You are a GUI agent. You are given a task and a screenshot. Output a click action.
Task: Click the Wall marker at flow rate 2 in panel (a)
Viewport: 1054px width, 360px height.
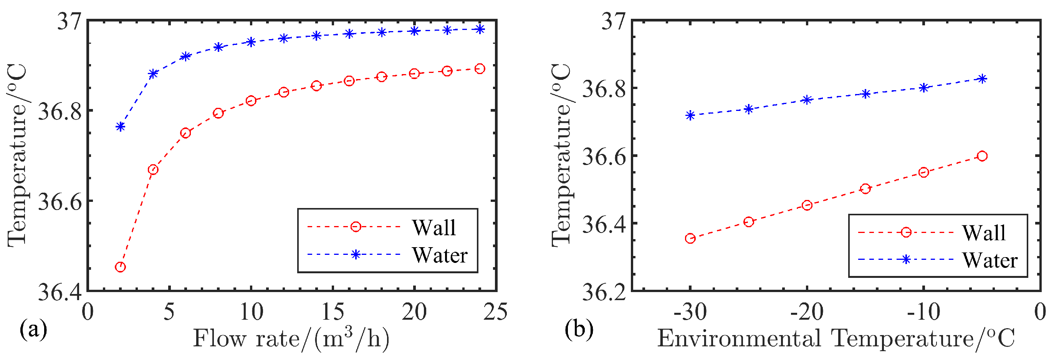tap(120, 267)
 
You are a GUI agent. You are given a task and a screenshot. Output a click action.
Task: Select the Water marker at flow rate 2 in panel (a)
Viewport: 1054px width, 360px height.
tap(120, 126)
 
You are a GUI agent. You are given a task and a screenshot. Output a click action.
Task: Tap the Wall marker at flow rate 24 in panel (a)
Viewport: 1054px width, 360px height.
tap(480, 69)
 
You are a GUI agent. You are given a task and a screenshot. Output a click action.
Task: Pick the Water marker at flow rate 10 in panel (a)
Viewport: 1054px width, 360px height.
tap(251, 42)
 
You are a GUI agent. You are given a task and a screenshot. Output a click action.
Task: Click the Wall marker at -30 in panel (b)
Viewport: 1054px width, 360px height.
tap(690, 238)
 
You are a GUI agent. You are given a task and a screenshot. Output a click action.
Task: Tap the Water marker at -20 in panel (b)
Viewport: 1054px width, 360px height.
tap(807, 100)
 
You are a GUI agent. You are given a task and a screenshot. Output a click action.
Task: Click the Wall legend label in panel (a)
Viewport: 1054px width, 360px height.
tap(434, 228)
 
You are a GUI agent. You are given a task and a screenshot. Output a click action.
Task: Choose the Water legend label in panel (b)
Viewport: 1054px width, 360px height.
tap(990, 260)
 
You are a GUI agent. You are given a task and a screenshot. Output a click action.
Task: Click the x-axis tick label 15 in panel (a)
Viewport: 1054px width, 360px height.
tap(332, 312)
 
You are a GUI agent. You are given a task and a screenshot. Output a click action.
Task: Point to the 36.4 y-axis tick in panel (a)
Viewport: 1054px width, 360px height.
tap(60, 292)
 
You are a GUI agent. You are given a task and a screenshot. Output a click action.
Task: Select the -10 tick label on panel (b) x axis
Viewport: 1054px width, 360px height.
tap(923, 312)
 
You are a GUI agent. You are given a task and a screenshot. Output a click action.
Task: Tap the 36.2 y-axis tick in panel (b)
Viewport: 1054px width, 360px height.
tap(604, 292)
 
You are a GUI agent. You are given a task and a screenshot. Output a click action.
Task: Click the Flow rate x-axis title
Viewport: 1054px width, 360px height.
tap(291, 339)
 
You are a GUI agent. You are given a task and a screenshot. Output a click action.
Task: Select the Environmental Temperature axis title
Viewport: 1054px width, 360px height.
tap(836, 339)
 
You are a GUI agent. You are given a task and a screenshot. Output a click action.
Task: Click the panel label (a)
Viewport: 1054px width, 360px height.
tap(33, 329)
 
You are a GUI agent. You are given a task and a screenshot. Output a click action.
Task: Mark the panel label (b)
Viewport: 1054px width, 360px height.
tap(579, 329)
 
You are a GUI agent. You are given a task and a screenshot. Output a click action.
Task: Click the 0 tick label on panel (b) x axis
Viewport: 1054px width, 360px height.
tap(1041, 312)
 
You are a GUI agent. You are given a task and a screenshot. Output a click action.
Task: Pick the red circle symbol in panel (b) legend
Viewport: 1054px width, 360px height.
tap(906, 232)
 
